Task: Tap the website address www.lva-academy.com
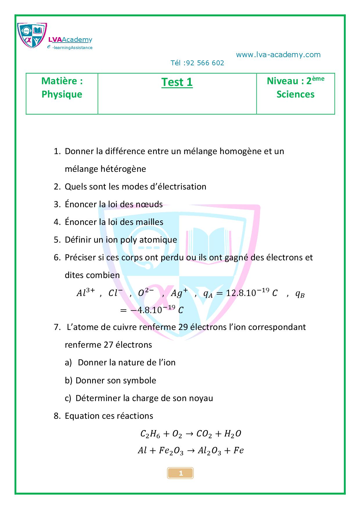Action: point(278,55)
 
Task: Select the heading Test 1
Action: point(177,82)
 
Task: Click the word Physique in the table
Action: point(62,94)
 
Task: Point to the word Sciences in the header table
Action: point(295,94)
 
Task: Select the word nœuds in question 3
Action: point(149,204)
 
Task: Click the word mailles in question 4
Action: point(150,222)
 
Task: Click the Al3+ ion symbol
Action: point(85,293)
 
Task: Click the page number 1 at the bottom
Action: point(181,473)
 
